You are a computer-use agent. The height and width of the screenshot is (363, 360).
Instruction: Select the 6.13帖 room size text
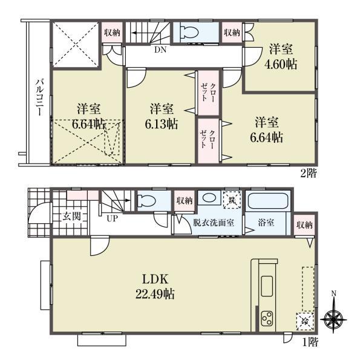coord(162,124)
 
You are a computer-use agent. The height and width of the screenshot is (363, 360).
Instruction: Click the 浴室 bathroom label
coord(267,223)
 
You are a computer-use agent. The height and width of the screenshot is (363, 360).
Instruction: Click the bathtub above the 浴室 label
coord(269,202)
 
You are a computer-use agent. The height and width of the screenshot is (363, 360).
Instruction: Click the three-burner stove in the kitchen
coord(267,319)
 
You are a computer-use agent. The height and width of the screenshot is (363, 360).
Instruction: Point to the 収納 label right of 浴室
coord(304,225)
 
